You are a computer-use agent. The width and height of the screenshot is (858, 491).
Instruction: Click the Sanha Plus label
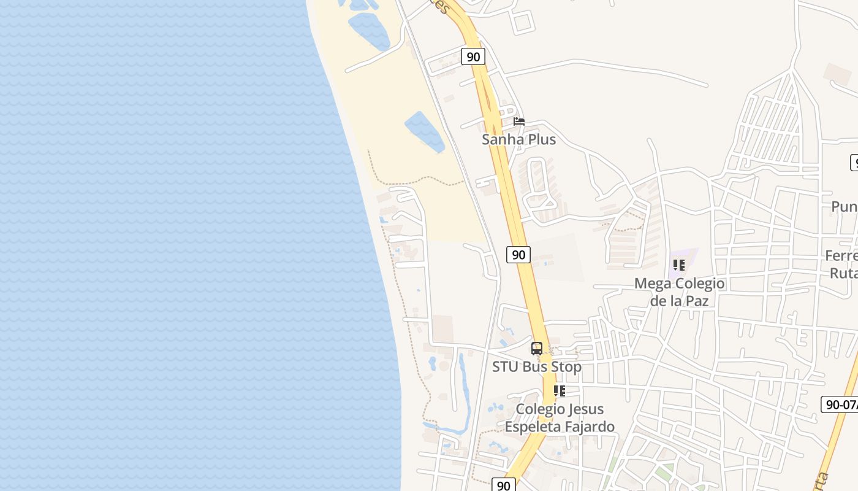[x=518, y=139]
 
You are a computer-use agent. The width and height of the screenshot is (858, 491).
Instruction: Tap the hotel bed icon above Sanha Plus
[x=519, y=122]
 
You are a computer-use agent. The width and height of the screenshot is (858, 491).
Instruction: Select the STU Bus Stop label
[x=537, y=366]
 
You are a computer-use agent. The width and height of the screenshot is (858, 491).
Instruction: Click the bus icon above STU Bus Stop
[x=537, y=349]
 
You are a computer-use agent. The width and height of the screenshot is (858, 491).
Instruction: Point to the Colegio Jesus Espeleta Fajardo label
[x=560, y=417]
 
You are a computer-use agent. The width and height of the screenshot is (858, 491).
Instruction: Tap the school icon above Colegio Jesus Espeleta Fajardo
[x=560, y=391]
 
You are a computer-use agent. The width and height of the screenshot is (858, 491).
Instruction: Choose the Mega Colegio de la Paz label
[x=679, y=292]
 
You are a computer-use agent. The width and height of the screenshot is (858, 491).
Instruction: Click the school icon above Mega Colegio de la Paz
[x=679, y=265]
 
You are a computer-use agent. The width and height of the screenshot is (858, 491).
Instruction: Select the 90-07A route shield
[x=840, y=404]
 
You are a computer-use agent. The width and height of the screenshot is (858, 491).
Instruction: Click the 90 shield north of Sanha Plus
[x=473, y=57]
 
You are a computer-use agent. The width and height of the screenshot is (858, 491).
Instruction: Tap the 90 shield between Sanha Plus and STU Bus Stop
[x=518, y=255]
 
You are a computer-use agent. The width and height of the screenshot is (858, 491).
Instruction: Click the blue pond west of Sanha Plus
[x=424, y=131]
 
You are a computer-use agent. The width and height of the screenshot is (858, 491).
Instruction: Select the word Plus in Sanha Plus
[x=540, y=139]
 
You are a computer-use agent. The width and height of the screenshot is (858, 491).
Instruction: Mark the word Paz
[x=696, y=301]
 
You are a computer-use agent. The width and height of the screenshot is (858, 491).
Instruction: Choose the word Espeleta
[x=533, y=426]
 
